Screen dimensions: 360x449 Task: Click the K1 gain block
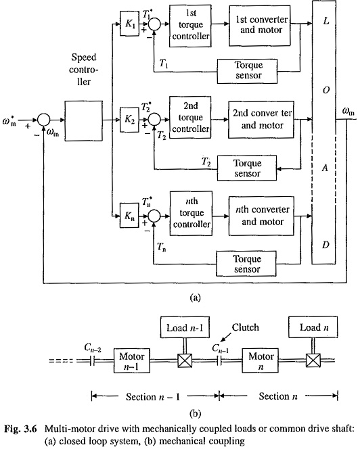[x=129, y=24]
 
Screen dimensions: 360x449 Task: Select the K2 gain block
[x=129, y=120]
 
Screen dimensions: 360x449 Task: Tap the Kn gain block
[x=129, y=215]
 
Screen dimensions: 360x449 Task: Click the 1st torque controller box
[x=190, y=26]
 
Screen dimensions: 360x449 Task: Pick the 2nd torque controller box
[x=190, y=118]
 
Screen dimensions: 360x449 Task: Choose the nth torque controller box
[x=192, y=213]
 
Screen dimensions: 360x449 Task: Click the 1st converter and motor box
[x=260, y=25]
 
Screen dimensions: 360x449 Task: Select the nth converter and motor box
[x=261, y=216]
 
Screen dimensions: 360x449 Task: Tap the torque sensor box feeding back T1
[x=247, y=71]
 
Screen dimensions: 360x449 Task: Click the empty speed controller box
[x=83, y=120]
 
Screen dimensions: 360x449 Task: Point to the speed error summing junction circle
[x=44, y=120]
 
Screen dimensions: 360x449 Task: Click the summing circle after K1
[x=155, y=24]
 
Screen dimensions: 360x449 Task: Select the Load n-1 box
[x=185, y=327]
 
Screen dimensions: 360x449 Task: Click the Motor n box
[x=261, y=360]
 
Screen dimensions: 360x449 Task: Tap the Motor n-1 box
[x=132, y=360]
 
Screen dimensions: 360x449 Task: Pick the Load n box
[x=313, y=327]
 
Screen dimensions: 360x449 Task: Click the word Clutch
[x=246, y=327]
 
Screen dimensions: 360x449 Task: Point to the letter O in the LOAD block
[x=326, y=90]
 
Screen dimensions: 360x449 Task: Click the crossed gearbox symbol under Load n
[x=313, y=360]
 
